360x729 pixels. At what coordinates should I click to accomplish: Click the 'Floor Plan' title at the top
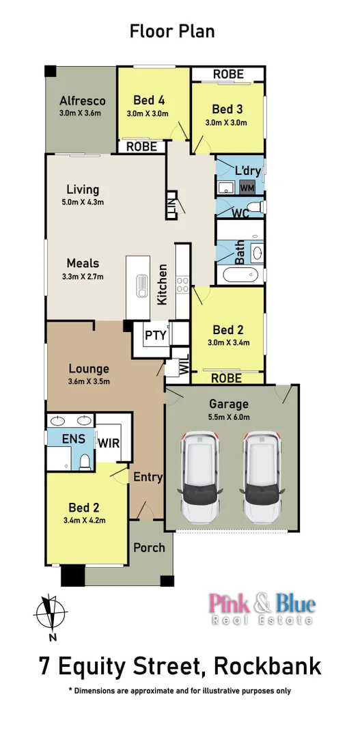(172, 31)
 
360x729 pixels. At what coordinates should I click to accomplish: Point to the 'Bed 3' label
(227, 109)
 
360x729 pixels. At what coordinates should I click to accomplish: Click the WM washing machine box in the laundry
(247, 187)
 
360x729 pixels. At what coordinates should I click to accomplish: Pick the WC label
(239, 214)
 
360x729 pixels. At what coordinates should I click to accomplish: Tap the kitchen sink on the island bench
(143, 286)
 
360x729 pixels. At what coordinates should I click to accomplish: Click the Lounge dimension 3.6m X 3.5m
(89, 381)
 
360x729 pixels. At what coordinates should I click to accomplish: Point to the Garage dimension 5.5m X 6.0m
(230, 417)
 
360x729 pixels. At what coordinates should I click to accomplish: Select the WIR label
(109, 443)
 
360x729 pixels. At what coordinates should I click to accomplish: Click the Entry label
(148, 477)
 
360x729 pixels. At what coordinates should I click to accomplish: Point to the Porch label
(149, 547)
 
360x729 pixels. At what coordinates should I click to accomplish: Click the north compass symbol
(49, 614)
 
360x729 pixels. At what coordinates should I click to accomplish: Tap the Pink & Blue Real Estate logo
(262, 609)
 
